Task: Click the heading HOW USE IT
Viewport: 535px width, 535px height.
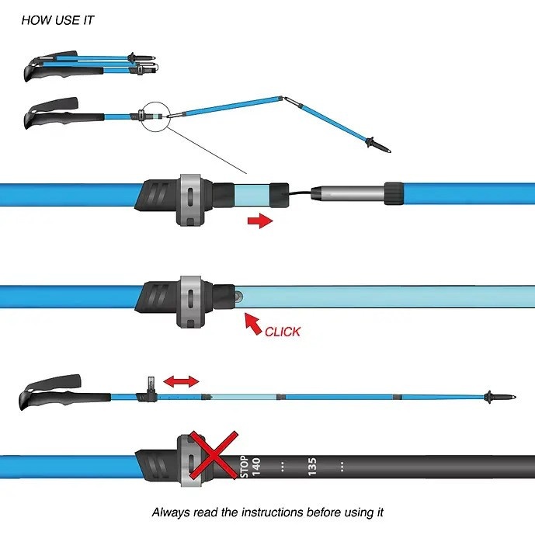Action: (x=57, y=20)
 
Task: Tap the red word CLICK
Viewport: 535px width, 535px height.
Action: (x=283, y=332)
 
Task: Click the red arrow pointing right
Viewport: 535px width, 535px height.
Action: (x=259, y=221)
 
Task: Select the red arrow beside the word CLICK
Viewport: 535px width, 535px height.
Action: (x=252, y=322)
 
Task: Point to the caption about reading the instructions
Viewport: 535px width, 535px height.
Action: (x=267, y=512)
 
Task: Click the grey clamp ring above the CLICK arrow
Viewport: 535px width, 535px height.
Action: (x=190, y=299)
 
